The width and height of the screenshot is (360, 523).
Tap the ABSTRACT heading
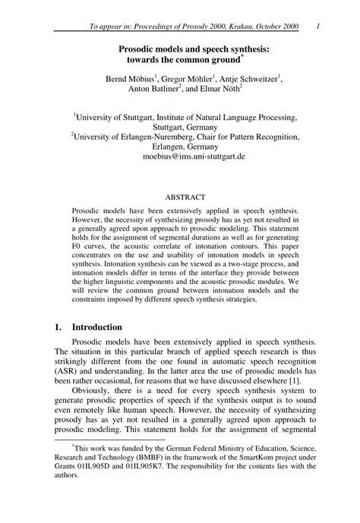click(x=185, y=197)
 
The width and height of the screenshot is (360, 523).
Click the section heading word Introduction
click(x=96, y=327)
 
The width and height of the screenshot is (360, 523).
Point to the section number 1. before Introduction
click(x=58, y=327)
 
